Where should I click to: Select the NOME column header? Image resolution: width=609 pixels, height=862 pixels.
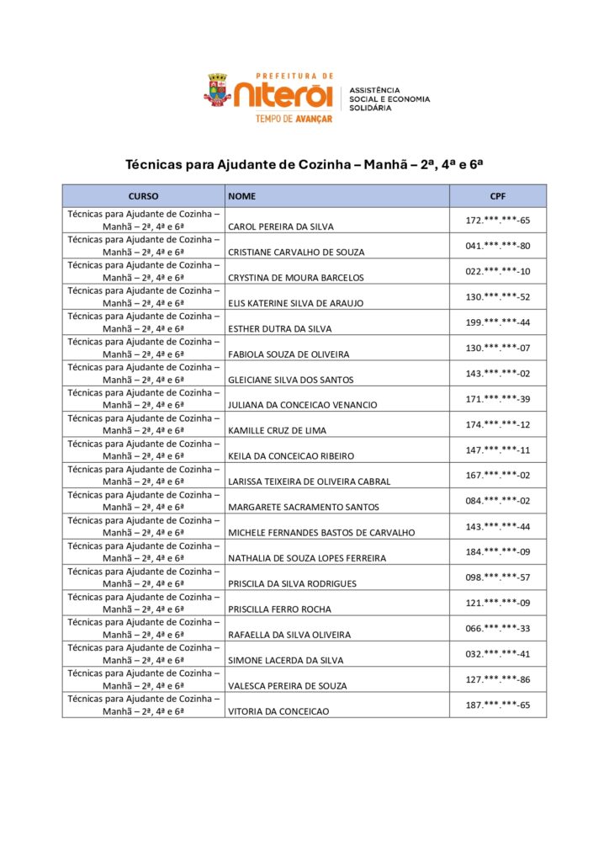click(x=242, y=196)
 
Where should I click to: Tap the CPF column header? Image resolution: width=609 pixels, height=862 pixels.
click(x=497, y=196)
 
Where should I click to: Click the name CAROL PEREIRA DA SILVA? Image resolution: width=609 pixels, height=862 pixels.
click(x=281, y=226)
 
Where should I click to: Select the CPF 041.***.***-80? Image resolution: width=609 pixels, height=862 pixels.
click(x=498, y=246)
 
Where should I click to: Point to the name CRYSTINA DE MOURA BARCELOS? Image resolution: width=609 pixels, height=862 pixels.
click(x=296, y=277)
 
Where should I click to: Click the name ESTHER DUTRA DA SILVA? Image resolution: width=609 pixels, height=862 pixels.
click(x=280, y=328)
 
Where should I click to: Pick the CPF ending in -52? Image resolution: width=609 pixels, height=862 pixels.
click(x=498, y=297)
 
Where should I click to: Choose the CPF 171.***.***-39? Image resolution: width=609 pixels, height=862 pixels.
click(x=498, y=399)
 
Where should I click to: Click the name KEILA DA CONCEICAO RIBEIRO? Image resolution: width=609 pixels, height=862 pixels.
click(x=291, y=455)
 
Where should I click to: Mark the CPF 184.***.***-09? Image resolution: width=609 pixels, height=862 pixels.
click(x=498, y=552)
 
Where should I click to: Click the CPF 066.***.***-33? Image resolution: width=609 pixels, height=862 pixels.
click(x=498, y=628)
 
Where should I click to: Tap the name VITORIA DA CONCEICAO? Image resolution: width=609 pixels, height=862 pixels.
click(x=278, y=711)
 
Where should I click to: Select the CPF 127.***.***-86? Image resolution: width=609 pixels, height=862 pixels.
click(x=498, y=679)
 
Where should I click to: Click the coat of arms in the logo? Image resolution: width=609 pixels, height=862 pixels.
click(x=217, y=90)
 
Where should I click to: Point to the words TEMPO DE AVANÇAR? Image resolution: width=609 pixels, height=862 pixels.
click(x=294, y=119)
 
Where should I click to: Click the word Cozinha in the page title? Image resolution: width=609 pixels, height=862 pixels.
click(x=325, y=165)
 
